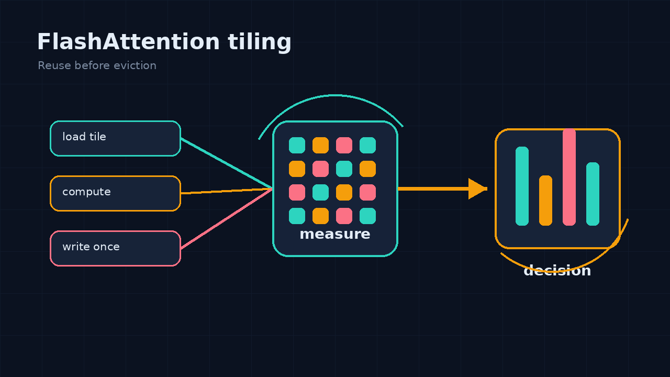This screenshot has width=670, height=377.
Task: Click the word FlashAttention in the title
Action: (129, 41)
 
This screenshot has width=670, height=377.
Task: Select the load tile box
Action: (116, 139)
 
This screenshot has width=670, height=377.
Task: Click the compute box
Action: (116, 194)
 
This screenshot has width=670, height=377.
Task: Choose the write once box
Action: (116, 248)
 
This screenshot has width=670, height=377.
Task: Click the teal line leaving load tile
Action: (227, 164)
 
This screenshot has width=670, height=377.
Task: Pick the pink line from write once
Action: (227, 218)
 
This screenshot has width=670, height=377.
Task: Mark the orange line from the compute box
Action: (227, 191)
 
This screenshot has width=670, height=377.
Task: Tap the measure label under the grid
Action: (335, 234)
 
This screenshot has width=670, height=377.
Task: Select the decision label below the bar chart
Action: (557, 271)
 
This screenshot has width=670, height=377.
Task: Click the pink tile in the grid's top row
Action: (344, 146)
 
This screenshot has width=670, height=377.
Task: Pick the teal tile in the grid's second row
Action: (344, 169)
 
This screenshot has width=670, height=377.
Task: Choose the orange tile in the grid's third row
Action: (344, 192)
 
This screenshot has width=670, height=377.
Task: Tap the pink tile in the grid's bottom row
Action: (344, 216)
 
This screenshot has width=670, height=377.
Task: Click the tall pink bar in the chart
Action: (569, 177)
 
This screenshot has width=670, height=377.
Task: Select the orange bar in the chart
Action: (545, 201)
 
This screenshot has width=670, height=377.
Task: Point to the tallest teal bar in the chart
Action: (522, 186)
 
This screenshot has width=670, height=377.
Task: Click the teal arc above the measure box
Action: (334, 96)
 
